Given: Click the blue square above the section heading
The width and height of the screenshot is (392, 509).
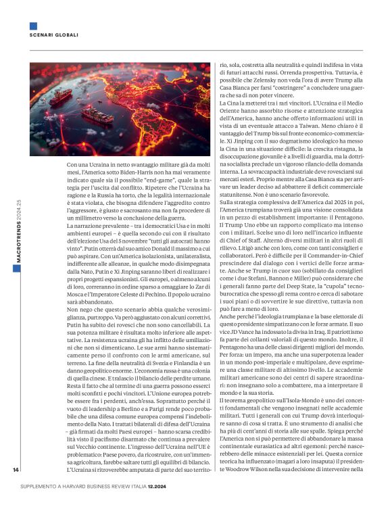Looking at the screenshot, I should pyautogui.click(x=33, y=26).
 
